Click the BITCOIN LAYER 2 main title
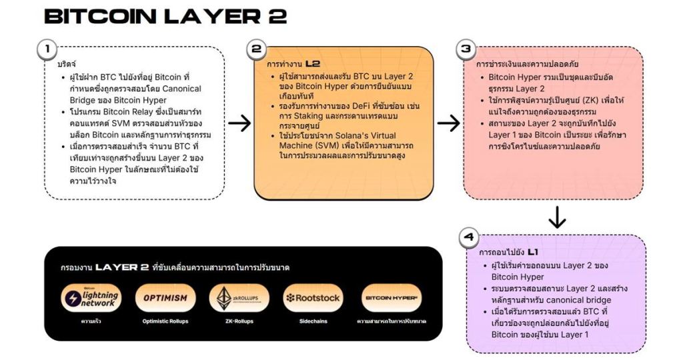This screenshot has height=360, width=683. click(x=165, y=16)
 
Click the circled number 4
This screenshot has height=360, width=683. click(x=469, y=237)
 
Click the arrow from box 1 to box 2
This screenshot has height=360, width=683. click(x=239, y=123)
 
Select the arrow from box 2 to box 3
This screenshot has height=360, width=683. click(x=449, y=123)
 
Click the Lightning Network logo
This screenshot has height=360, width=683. click(x=91, y=298)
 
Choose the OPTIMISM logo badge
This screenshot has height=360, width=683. click(x=165, y=298)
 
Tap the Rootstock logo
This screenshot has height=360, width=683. click(x=313, y=298)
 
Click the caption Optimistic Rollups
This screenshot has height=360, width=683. click(x=165, y=321)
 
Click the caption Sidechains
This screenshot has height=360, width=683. click(x=313, y=321)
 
